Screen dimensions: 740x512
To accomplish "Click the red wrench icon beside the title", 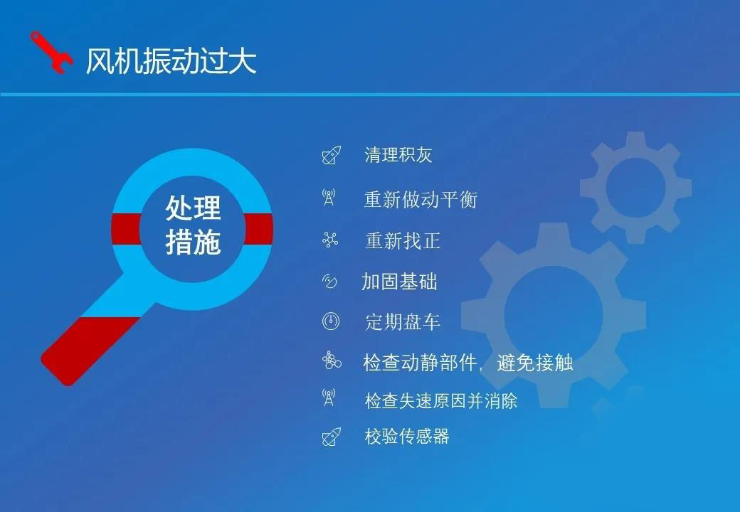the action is pyautogui.click(x=51, y=53).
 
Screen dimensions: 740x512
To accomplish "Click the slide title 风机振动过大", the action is pyautogui.click(x=171, y=61).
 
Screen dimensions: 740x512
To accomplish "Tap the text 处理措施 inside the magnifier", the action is pyautogui.click(x=193, y=225).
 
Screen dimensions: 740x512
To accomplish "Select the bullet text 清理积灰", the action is pyautogui.click(x=398, y=155).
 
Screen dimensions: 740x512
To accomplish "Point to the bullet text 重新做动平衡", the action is pyautogui.click(x=421, y=199).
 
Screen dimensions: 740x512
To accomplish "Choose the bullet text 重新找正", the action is pyautogui.click(x=403, y=241).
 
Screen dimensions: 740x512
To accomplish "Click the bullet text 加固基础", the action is pyautogui.click(x=399, y=282).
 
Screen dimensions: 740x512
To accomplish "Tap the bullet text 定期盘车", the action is pyautogui.click(x=403, y=322).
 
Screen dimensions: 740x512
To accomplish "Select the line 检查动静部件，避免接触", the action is pyautogui.click(x=468, y=363).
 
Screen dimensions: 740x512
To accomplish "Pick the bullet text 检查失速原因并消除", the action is pyautogui.click(x=440, y=401).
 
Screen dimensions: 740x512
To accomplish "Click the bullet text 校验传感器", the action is pyautogui.click(x=407, y=436).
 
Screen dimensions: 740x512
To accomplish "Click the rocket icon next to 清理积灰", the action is pyautogui.click(x=332, y=155).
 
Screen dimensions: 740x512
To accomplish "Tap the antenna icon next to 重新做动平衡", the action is pyautogui.click(x=329, y=198).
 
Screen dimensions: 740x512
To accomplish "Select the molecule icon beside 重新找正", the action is pyautogui.click(x=330, y=240).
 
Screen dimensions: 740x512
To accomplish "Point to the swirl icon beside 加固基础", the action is pyautogui.click(x=329, y=281).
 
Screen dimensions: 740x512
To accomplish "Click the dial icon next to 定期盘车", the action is pyautogui.click(x=331, y=321).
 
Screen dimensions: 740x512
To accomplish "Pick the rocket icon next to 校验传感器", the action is pyautogui.click(x=332, y=437).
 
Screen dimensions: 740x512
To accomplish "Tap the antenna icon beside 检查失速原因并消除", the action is pyautogui.click(x=329, y=398).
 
